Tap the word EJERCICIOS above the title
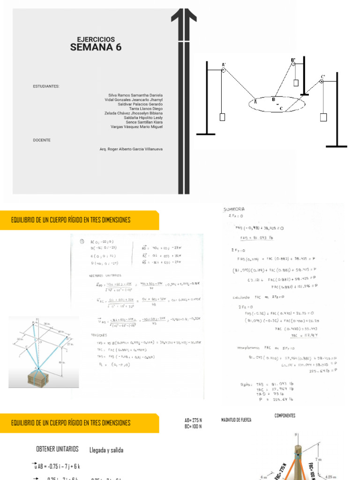click(x=96, y=39)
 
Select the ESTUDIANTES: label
click(x=46, y=86)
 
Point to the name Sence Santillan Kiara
click(x=144, y=122)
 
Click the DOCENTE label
click(x=42, y=140)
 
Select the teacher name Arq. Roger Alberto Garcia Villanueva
click(x=131, y=149)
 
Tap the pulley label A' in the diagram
click(x=224, y=65)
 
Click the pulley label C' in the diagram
click(x=322, y=76)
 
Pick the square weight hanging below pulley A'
click(x=222, y=117)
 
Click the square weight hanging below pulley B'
click(x=296, y=83)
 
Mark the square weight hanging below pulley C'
click(x=322, y=117)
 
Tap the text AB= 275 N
click(x=193, y=420)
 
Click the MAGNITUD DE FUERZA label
click(x=236, y=420)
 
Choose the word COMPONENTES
click(x=285, y=416)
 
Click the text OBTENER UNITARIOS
click(x=57, y=449)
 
